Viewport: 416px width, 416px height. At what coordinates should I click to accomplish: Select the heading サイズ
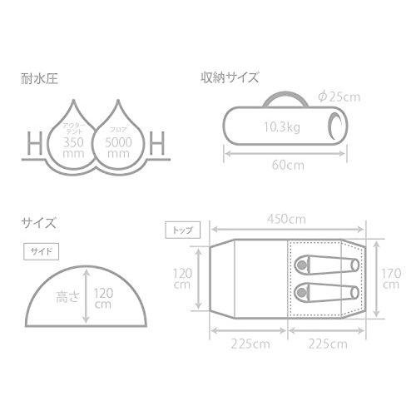[39, 223]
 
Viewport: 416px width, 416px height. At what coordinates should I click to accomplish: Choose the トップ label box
[179, 228]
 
